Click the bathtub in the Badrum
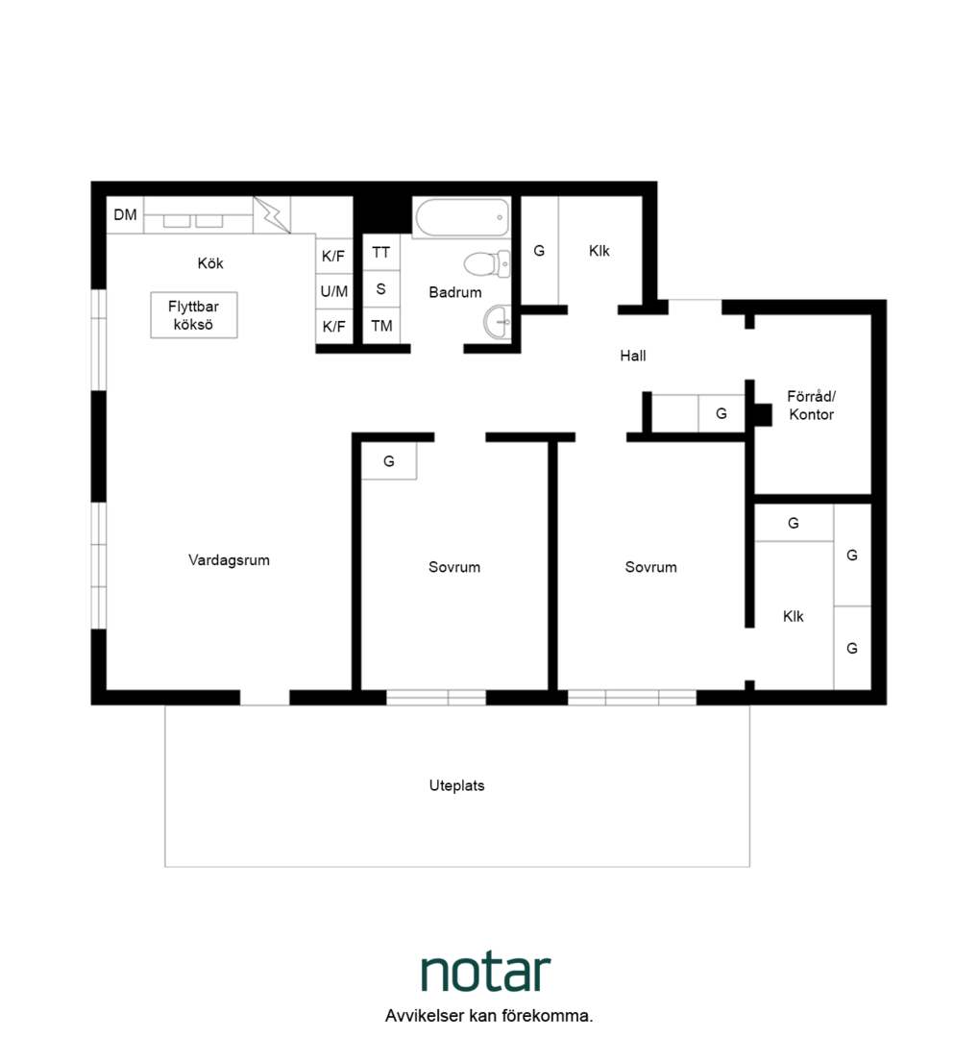click(462, 217)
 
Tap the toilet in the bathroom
click(487, 264)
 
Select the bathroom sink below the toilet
click(497, 322)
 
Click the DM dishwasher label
click(125, 214)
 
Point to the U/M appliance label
click(334, 291)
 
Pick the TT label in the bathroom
click(381, 252)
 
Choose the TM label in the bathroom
click(381, 326)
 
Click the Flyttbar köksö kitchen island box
click(194, 315)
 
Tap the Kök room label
click(210, 263)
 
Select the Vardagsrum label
click(229, 560)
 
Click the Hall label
click(632, 356)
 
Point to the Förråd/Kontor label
click(811, 406)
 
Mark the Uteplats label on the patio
click(456, 786)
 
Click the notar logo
click(486, 973)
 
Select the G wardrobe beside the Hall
click(721, 413)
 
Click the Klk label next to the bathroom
click(599, 251)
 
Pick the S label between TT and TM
click(380, 288)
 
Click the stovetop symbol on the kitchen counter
click(271, 215)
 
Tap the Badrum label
click(455, 292)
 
